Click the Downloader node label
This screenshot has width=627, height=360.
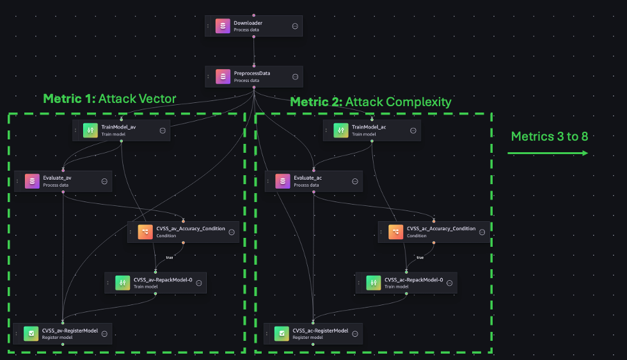pos(248,23)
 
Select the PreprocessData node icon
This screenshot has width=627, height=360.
pos(223,77)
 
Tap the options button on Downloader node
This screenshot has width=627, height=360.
pos(295,26)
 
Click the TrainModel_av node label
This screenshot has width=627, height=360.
pos(118,127)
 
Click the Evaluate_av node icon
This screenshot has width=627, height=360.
pos(31,181)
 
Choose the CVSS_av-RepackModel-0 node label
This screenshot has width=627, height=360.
pos(163,279)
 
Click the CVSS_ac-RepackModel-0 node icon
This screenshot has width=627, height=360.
pos(373,283)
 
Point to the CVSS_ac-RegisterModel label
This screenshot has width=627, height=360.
pos(320,331)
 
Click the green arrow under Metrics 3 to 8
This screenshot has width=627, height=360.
pos(548,153)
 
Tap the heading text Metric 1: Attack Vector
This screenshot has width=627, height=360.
pos(109,98)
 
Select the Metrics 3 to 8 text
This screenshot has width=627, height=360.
pos(549,136)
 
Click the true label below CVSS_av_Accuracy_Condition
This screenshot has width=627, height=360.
pos(170,258)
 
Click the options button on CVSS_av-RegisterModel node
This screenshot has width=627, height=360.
pos(104,334)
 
